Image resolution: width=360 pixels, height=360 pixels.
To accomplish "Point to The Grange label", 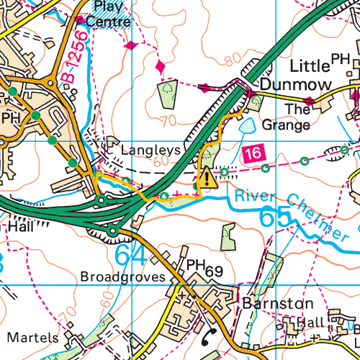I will coord(287,117).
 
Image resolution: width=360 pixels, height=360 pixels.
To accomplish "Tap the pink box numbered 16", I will coord(251,153).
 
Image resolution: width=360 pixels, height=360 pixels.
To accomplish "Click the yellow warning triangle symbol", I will coord(207,178).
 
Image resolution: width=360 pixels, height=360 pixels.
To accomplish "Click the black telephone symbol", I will coord(210,333).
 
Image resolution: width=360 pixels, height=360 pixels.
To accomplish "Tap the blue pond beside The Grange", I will coord(246,126).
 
